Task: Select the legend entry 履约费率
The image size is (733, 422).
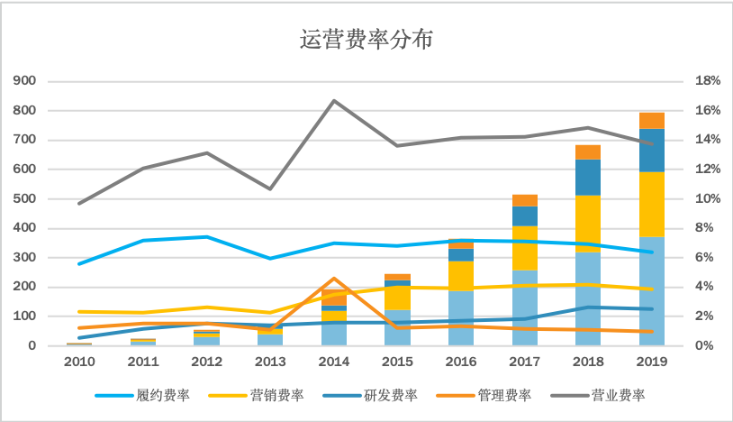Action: point(164,395)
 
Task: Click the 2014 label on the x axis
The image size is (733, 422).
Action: point(334,362)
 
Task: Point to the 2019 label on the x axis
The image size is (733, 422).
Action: point(652,362)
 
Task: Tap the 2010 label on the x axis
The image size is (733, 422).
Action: point(79,362)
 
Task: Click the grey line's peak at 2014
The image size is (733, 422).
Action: point(334,100)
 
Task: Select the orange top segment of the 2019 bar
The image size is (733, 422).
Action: point(652,121)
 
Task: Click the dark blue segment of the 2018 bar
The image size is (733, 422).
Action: point(588,177)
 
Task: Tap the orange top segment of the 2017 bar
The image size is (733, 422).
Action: point(525,200)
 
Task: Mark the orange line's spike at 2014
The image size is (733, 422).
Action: point(334,279)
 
